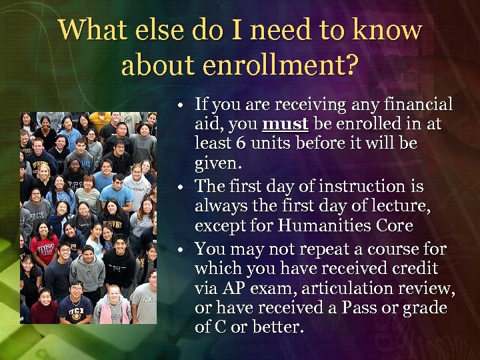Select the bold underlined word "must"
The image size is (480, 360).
tap(285, 125)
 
